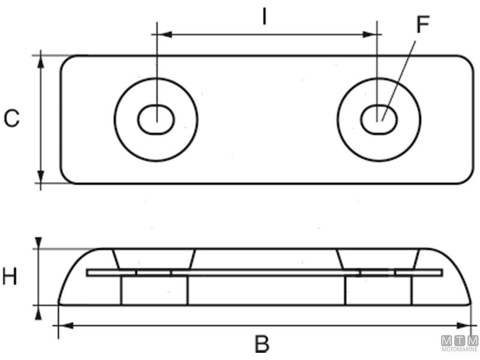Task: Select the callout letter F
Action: pyautogui.click(x=423, y=25)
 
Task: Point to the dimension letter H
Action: pyautogui.click(x=10, y=277)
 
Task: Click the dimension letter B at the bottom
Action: pyautogui.click(x=262, y=344)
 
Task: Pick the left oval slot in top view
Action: pyautogui.click(x=156, y=120)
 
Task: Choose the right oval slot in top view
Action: pyautogui.click(x=379, y=120)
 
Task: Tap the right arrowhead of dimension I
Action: pyautogui.click(x=371, y=35)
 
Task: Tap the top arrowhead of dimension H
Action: pyautogui.click(x=39, y=242)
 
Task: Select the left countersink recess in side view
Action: pyautogui.click(x=154, y=259)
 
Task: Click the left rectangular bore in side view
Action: pyautogui.click(x=154, y=290)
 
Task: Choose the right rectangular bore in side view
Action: pyautogui.click(x=378, y=290)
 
